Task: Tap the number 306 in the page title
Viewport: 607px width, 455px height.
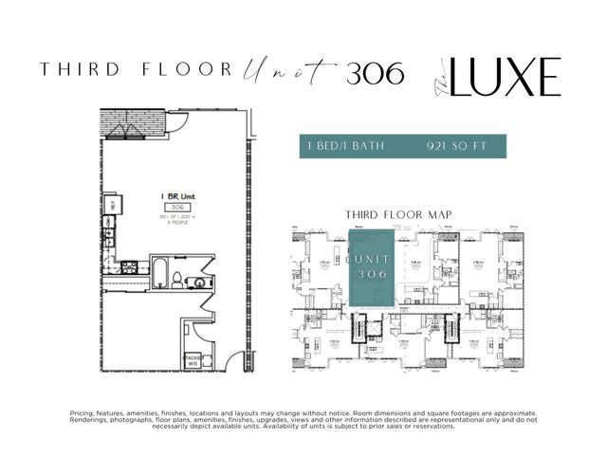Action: pyautogui.click(x=375, y=69)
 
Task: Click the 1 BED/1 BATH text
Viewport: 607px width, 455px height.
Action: pyautogui.click(x=344, y=147)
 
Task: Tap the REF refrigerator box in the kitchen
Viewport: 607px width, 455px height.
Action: pyautogui.click(x=111, y=203)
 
